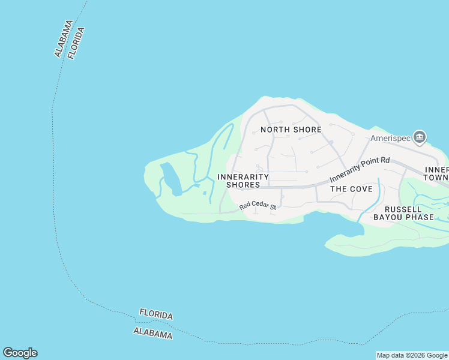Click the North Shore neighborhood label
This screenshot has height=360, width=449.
[x=291, y=130]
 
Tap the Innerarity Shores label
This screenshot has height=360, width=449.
[x=243, y=181]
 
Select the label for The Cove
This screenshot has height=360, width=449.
[x=352, y=188]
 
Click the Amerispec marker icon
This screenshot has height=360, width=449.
[x=420, y=137]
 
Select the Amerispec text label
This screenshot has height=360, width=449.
[x=391, y=138]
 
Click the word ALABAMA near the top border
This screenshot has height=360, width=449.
[x=64, y=39]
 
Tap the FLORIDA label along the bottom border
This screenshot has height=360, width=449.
[x=156, y=314]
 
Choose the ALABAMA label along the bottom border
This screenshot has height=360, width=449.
[x=153, y=334]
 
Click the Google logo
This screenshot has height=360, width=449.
[x=20, y=353]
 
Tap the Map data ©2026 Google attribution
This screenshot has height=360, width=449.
[x=412, y=355]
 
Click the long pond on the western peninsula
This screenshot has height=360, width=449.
[x=171, y=179]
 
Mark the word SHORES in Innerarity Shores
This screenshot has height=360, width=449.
[x=243, y=185]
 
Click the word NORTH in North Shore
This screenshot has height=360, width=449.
[x=276, y=130]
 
